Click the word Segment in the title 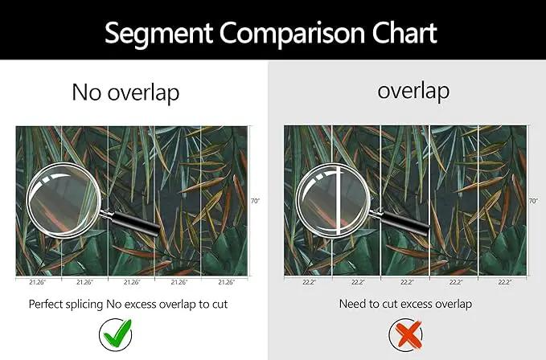[158, 34]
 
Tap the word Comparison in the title [292, 34]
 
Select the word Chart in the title [404, 33]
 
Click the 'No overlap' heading [125, 93]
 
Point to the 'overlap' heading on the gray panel [413, 91]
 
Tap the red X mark [406, 335]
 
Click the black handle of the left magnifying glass [135, 223]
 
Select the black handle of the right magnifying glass [405, 222]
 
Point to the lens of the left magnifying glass [64, 201]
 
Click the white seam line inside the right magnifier [338, 201]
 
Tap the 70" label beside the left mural [255, 201]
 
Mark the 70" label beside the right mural [533, 201]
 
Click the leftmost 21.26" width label [38, 282]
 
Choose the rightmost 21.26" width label [227, 282]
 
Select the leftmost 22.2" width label [309, 282]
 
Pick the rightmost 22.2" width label [504, 282]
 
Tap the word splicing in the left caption [86, 305]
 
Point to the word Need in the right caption [351, 304]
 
